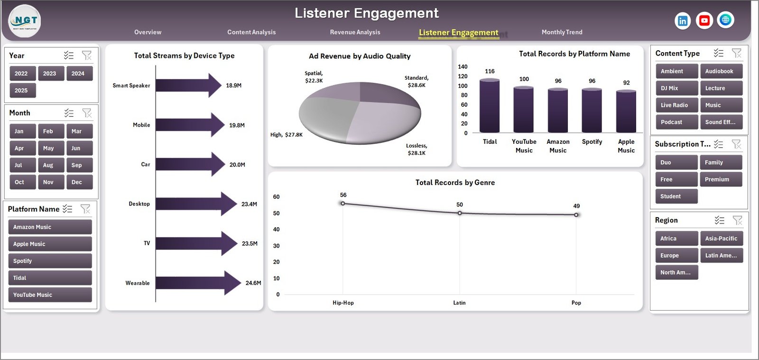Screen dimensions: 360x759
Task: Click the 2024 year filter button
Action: [78, 74]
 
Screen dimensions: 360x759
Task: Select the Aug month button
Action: [48, 165]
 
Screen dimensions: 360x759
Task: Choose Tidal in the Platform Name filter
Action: [50, 278]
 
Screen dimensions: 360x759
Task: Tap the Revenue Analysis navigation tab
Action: [355, 32]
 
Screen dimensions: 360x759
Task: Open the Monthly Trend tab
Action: [562, 32]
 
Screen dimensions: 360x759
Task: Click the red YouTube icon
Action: [704, 20]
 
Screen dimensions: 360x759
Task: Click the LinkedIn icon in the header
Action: [682, 21]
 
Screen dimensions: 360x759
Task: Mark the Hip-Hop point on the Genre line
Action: [343, 203]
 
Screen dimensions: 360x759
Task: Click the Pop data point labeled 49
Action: [576, 215]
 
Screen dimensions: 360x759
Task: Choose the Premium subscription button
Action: [720, 179]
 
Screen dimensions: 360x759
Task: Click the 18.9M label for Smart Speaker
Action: [233, 86]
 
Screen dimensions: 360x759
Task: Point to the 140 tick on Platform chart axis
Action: [463, 67]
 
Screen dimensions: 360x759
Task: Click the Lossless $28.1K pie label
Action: [417, 149]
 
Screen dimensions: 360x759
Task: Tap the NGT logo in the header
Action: [25, 21]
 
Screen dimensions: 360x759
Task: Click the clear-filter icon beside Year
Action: [87, 55]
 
